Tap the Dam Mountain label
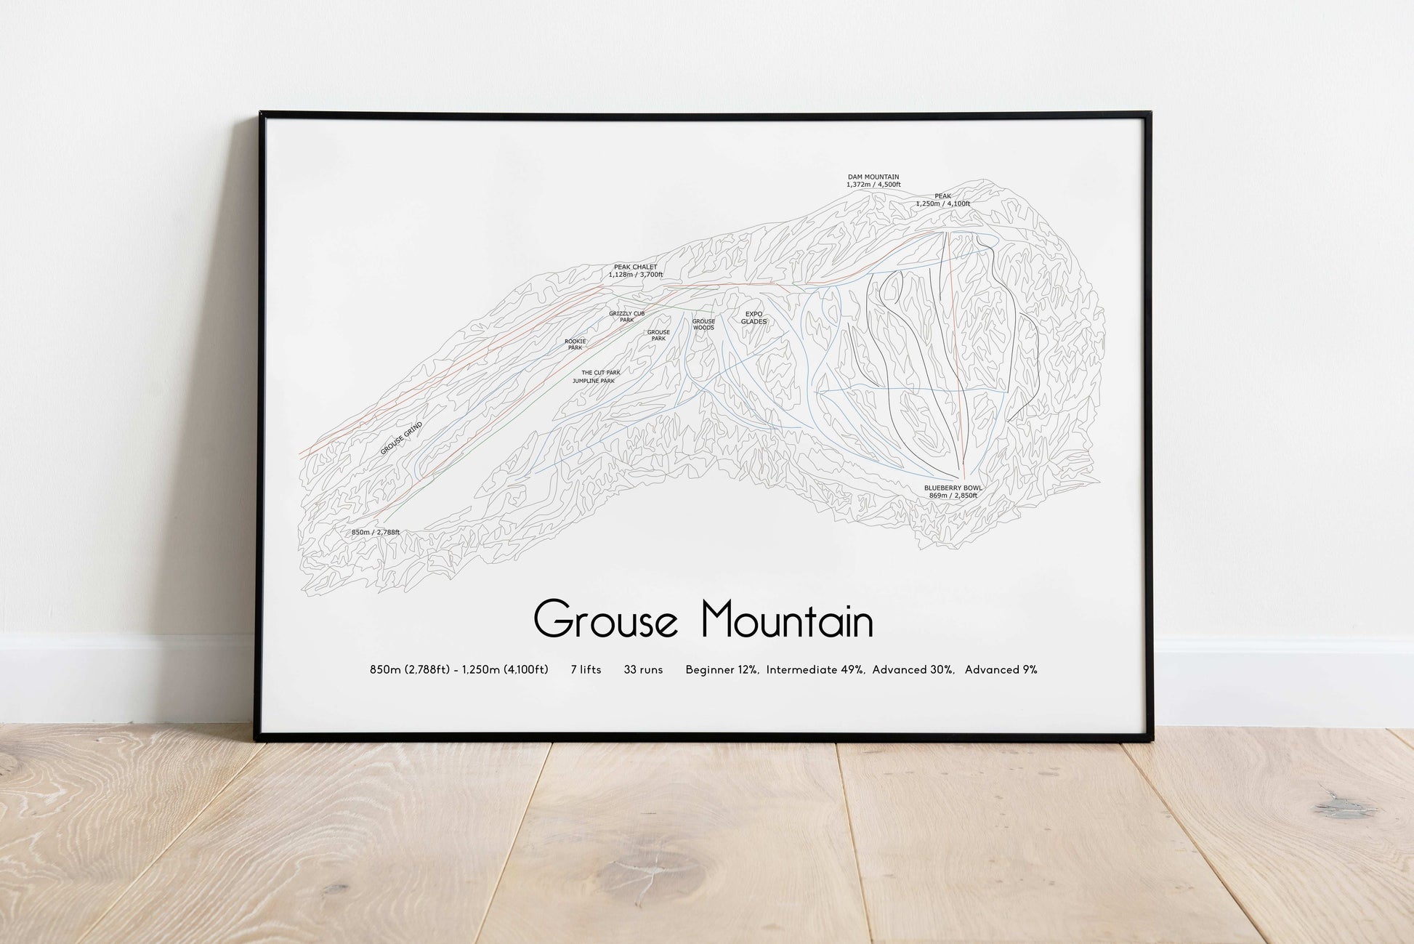[873, 177]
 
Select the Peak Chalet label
[635, 267]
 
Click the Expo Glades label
[754, 318]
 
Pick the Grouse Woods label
[703, 324]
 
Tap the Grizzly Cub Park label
[626, 316]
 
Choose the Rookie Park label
[575, 344]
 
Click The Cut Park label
[600, 372]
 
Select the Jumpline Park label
[593, 381]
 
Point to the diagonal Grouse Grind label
[401, 438]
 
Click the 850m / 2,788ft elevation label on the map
[375, 532]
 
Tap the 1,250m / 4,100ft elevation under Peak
[942, 203]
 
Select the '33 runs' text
[643, 669]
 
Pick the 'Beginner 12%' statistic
[722, 669]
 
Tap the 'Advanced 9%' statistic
[1001, 669]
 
